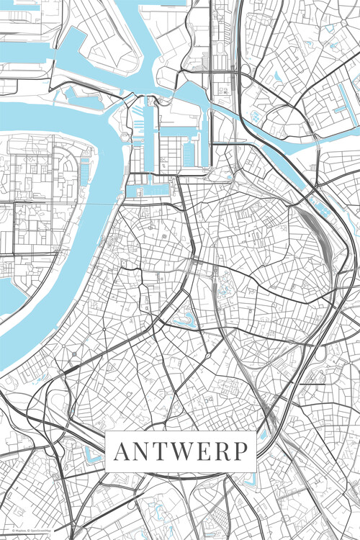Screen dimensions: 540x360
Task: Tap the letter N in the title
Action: pos(143,451)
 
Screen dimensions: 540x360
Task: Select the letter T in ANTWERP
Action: pos(162,451)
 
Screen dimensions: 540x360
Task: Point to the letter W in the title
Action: pos(184,451)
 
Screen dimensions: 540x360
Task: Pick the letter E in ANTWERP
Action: pos(207,451)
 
